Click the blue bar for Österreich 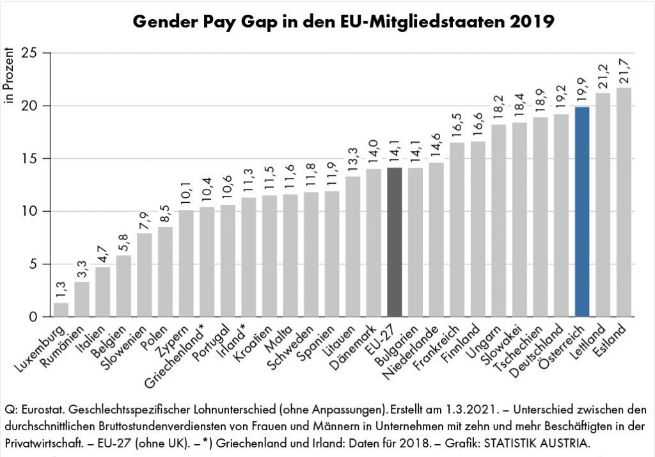(x=582, y=211)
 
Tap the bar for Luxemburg (x=61, y=310)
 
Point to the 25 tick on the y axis (x=30, y=52)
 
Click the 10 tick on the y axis (x=30, y=211)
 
